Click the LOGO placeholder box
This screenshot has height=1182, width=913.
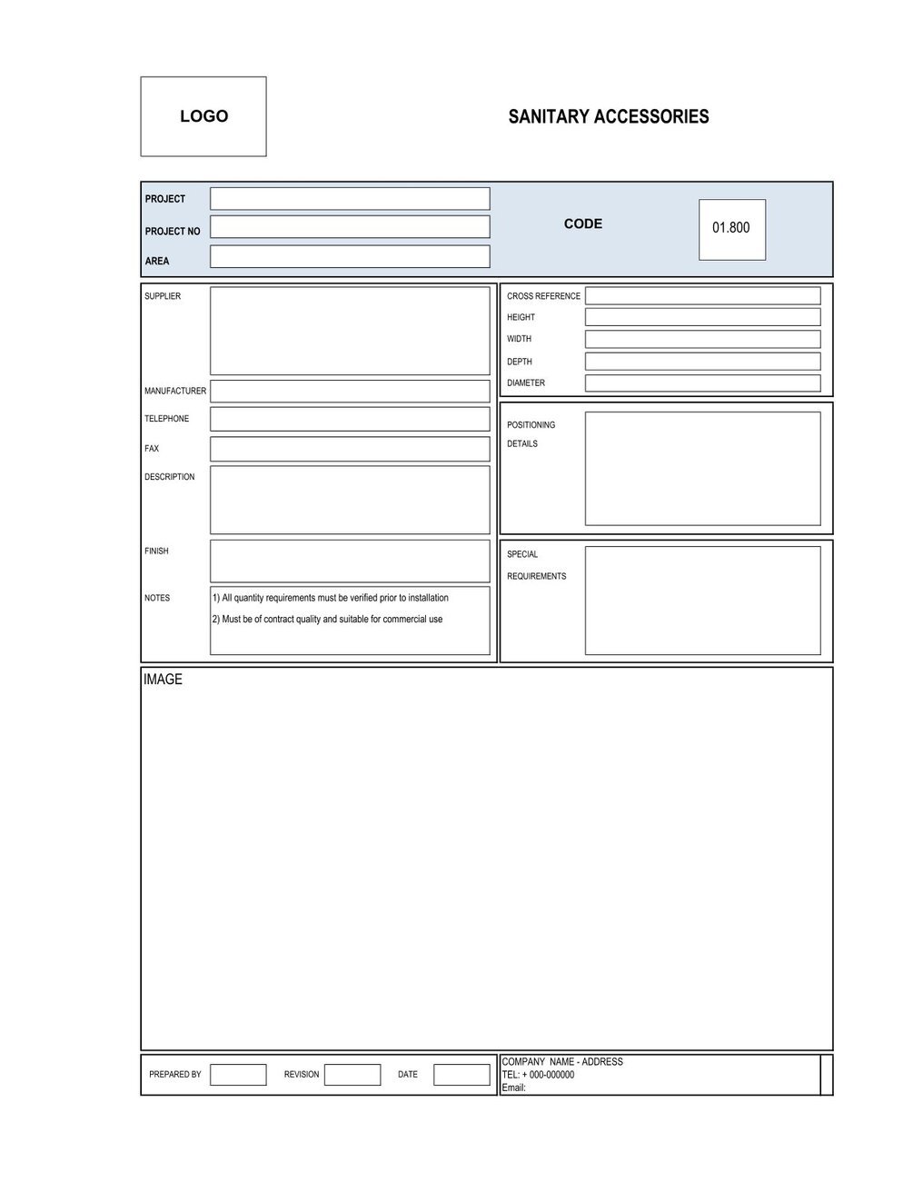point(203,116)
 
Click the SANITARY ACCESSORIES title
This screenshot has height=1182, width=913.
point(608,116)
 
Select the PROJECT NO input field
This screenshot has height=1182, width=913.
point(350,227)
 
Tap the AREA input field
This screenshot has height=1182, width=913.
point(350,256)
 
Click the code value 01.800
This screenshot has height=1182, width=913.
point(731,228)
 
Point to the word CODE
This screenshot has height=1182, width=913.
point(582,223)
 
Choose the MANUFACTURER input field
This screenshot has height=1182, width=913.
point(350,392)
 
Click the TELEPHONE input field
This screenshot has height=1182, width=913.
point(350,419)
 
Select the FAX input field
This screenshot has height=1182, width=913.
point(350,449)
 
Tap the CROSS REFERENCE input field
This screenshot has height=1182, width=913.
point(702,296)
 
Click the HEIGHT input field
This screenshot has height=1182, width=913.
point(702,317)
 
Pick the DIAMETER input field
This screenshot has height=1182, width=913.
point(702,383)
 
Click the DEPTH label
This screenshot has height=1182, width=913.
point(520,362)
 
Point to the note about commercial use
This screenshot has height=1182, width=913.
point(327,620)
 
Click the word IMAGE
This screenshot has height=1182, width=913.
point(163,680)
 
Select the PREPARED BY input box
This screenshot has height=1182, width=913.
point(238,1075)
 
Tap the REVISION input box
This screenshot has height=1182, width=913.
point(352,1075)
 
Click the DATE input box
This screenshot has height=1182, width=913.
point(461,1075)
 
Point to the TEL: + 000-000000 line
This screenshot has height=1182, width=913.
point(538,1075)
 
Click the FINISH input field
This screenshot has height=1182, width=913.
point(350,561)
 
